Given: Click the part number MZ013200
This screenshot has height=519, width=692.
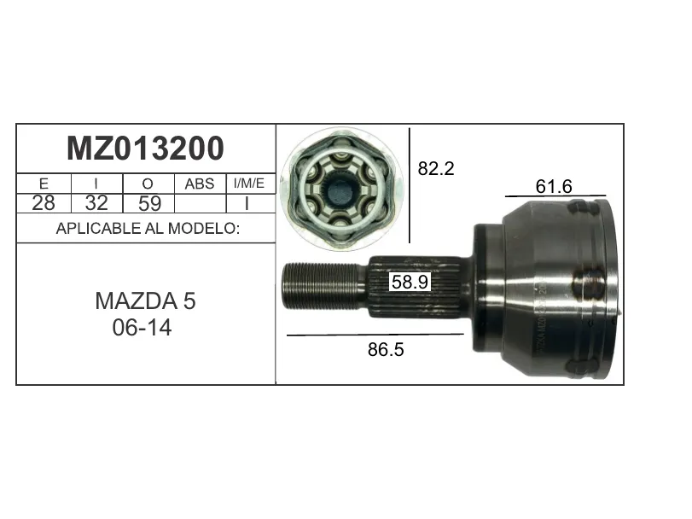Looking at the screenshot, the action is (145, 149).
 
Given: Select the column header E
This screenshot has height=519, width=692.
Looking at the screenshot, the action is (44, 184).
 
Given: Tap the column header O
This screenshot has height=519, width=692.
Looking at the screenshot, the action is (148, 184).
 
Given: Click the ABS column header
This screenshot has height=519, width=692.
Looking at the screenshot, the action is (200, 184).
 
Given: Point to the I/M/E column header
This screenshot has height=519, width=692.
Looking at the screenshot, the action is (249, 184).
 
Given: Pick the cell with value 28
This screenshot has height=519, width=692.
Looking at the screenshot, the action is (44, 203).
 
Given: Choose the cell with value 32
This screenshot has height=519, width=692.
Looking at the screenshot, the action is (96, 203).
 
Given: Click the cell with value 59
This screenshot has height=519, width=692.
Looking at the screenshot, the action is (149, 203).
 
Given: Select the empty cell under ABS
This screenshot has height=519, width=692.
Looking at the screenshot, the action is (201, 203).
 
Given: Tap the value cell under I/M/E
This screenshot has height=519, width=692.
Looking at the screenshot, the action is (251, 203).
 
